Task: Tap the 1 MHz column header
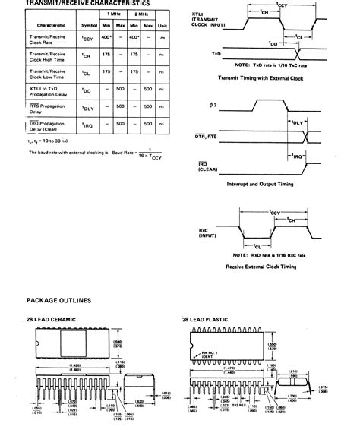pyautogui.click(x=114, y=14)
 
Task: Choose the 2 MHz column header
pyautogui.click(x=142, y=14)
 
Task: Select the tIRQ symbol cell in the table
pyautogui.click(x=90, y=124)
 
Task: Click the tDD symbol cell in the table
pyautogui.click(x=90, y=91)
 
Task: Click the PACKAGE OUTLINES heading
pyautogui.click(x=59, y=301)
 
